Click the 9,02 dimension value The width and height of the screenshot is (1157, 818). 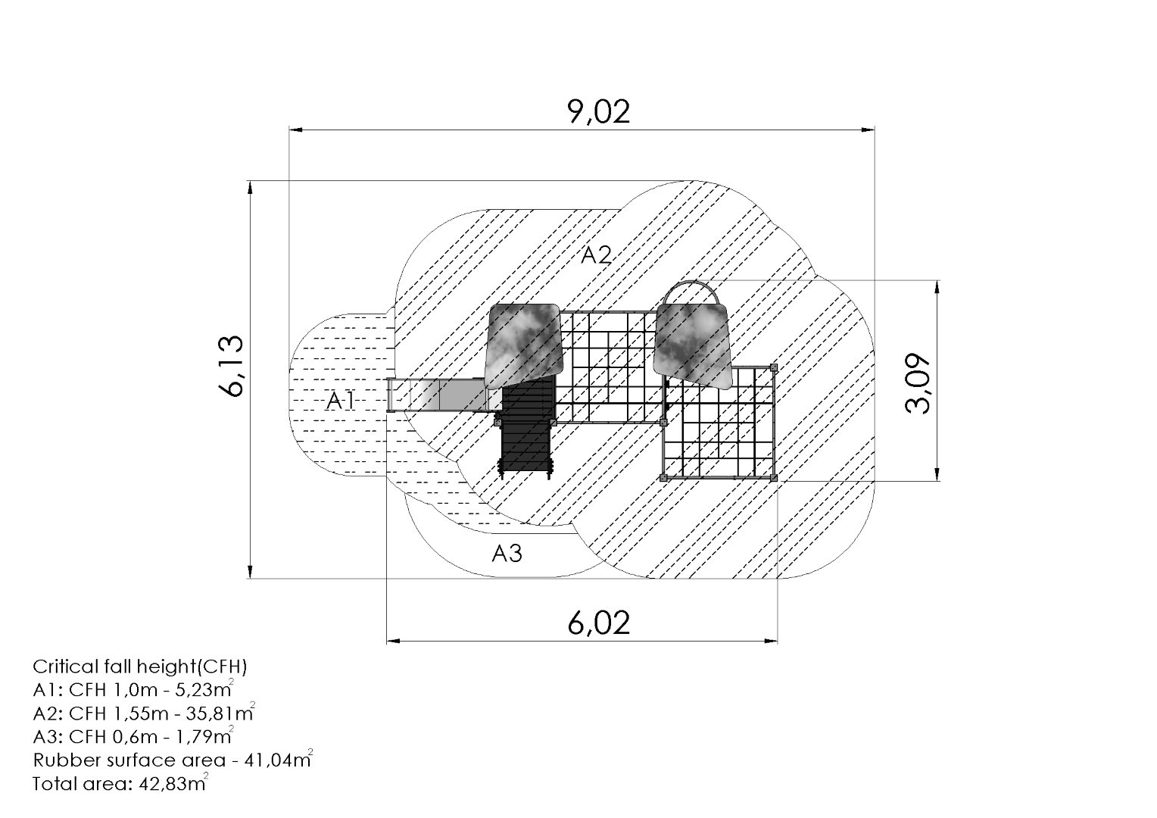pyautogui.click(x=599, y=111)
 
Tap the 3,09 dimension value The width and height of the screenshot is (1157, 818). pyautogui.click(x=918, y=383)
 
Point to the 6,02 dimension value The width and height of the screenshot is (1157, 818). pyautogui.click(x=599, y=623)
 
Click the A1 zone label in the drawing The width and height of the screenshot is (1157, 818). pyautogui.click(x=341, y=401)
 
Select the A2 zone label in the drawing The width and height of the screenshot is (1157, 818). pyautogui.click(x=596, y=254)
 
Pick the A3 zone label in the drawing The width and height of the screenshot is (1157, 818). pyautogui.click(x=507, y=554)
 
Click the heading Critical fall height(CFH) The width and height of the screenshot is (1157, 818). pyautogui.click(x=140, y=667)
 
